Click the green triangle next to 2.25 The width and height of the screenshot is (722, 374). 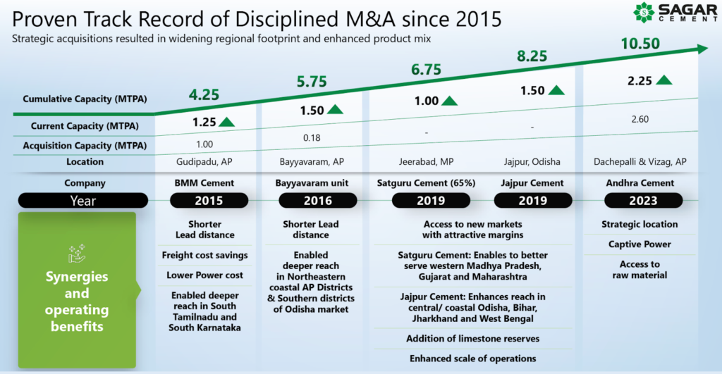pyautogui.click(x=663, y=80)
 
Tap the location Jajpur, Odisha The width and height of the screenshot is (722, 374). pyautogui.click(x=532, y=162)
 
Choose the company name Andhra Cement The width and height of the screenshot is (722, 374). pyautogui.click(x=639, y=183)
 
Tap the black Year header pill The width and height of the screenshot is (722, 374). pyautogui.click(x=82, y=201)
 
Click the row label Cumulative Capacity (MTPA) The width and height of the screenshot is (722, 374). pyautogui.click(x=85, y=99)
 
